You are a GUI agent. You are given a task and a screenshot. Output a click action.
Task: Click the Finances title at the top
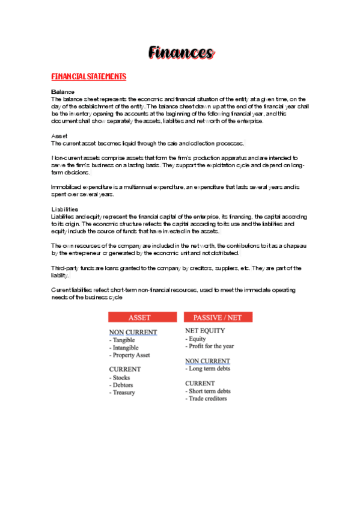(x=180, y=54)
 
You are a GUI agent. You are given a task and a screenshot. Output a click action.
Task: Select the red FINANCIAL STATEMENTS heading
(x=89, y=77)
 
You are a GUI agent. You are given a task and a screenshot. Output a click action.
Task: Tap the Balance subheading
(x=63, y=91)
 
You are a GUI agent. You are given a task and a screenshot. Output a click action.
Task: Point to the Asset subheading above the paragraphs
(x=59, y=136)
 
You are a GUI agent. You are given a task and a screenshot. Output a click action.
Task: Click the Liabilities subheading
(x=64, y=209)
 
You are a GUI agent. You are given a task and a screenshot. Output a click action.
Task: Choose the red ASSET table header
(x=139, y=317)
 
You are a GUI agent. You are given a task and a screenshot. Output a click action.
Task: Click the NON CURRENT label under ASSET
(x=133, y=333)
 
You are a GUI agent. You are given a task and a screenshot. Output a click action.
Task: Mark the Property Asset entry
(x=131, y=355)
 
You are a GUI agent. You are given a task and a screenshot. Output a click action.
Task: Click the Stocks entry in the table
(x=121, y=378)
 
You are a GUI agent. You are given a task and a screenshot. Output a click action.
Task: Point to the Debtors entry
(x=123, y=385)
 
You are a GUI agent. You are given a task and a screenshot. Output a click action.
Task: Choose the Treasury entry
(x=124, y=392)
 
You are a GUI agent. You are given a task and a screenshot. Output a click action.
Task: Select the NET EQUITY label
(x=205, y=331)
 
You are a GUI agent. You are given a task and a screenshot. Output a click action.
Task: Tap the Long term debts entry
(x=209, y=369)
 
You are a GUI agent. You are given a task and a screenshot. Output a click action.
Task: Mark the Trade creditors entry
(x=207, y=398)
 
